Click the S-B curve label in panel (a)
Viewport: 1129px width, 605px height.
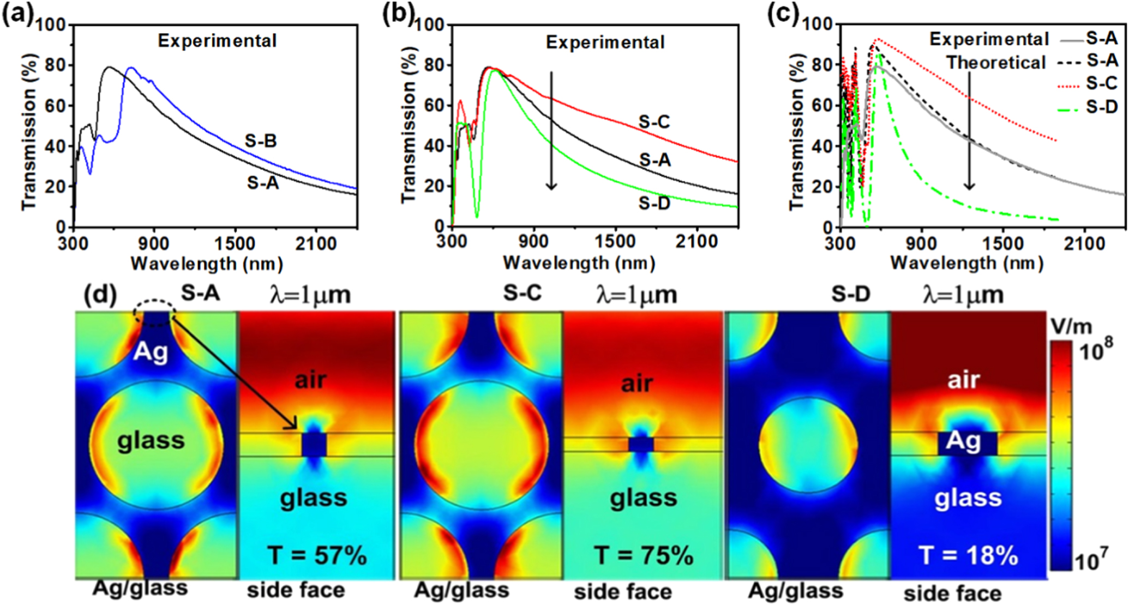click(x=261, y=141)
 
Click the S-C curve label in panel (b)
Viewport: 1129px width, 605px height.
click(x=654, y=122)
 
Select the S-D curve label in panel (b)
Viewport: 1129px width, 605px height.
click(x=654, y=204)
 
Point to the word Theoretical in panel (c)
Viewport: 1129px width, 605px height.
click(x=996, y=63)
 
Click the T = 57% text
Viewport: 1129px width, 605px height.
click(x=317, y=556)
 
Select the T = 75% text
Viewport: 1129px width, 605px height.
click(x=644, y=556)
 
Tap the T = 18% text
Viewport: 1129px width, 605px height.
click(x=969, y=556)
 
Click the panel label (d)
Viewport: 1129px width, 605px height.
click(x=100, y=295)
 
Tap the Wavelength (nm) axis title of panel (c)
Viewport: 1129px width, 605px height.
click(x=966, y=263)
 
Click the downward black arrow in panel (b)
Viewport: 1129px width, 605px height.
click(x=551, y=131)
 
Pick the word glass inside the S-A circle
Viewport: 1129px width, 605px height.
click(x=151, y=441)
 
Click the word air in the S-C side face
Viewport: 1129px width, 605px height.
click(x=637, y=384)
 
